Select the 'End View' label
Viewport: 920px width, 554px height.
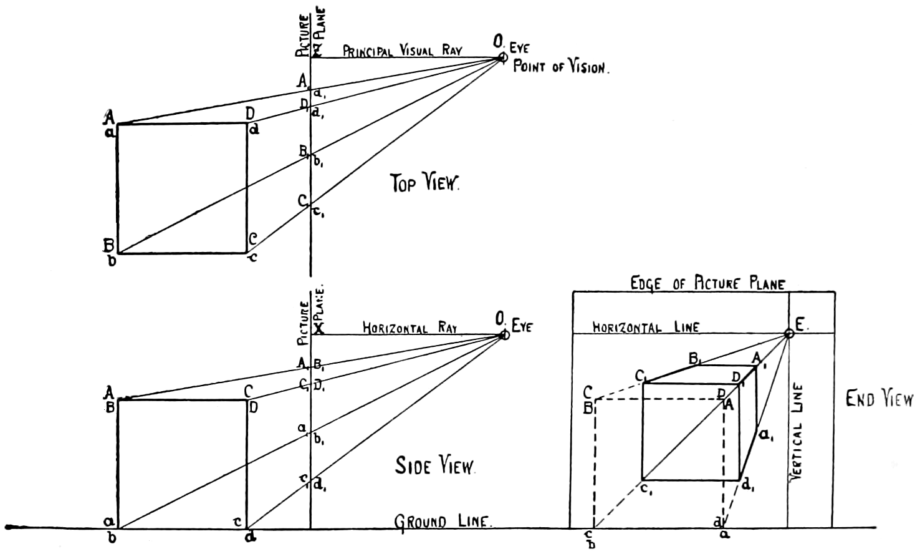(x=879, y=399)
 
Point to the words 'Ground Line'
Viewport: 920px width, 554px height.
(x=443, y=522)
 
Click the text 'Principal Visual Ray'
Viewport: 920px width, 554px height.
(x=402, y=50)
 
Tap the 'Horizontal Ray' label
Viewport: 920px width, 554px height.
(x=410, y=328)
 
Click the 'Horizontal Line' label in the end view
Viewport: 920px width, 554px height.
(x=646, y=327)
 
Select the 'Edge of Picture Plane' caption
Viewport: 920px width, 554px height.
(x=707, y=284)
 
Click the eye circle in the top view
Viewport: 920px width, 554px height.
(x=503, y=58)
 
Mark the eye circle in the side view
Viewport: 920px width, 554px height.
(x=504, y=335)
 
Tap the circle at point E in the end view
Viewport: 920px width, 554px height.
(x=788, y=334)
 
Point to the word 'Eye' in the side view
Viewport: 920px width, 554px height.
(x=522, y=325)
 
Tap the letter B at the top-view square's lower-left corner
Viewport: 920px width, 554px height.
(x=108, y=245)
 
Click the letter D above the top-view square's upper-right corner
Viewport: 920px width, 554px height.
(x=249, y=114)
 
